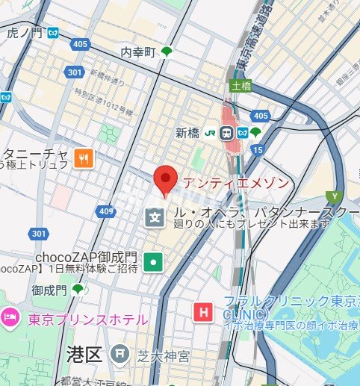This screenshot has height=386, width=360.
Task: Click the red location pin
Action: tap(164, 180)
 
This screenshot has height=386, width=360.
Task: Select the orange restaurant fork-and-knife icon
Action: tap(84, 158)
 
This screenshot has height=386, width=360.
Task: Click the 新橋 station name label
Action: tap(189, 132)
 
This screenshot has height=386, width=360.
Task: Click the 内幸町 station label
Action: tap(139, 52)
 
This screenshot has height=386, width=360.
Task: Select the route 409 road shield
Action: tap(107, 213)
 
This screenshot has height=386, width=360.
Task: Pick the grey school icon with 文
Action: tap(154, 218)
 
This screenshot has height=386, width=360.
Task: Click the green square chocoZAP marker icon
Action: tap(154, 261)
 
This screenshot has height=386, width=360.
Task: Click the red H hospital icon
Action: tap(202, 312)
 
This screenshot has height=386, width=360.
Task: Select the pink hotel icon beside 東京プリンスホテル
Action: tap(10, 319)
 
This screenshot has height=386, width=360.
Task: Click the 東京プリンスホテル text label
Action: tap(87, 320)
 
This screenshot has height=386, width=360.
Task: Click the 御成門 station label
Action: tap(49, 289)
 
